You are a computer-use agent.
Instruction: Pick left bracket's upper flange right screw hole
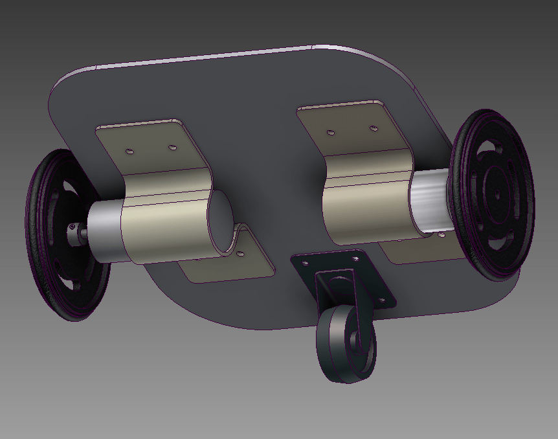coord(172,147)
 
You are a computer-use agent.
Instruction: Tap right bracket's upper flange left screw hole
coord(331,132)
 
